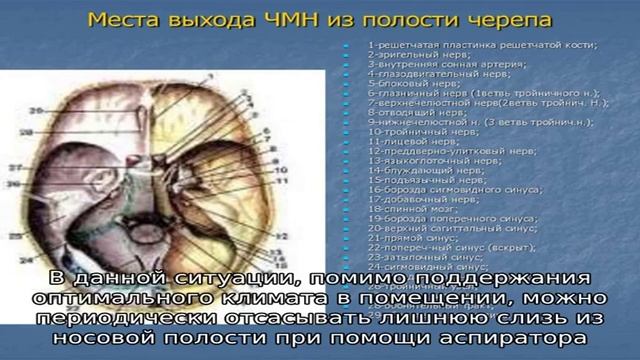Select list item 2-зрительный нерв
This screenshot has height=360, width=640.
point(410,55)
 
